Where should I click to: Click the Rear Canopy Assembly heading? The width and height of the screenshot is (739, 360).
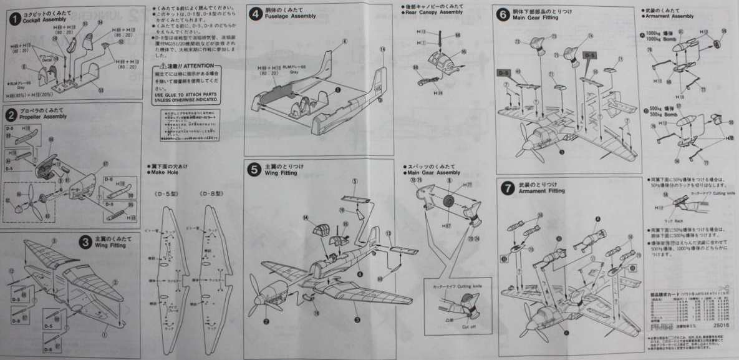pyautogui.click(x=433, y=12)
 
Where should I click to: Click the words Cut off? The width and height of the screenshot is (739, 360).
pyautogui.click(x=470, y=326)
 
